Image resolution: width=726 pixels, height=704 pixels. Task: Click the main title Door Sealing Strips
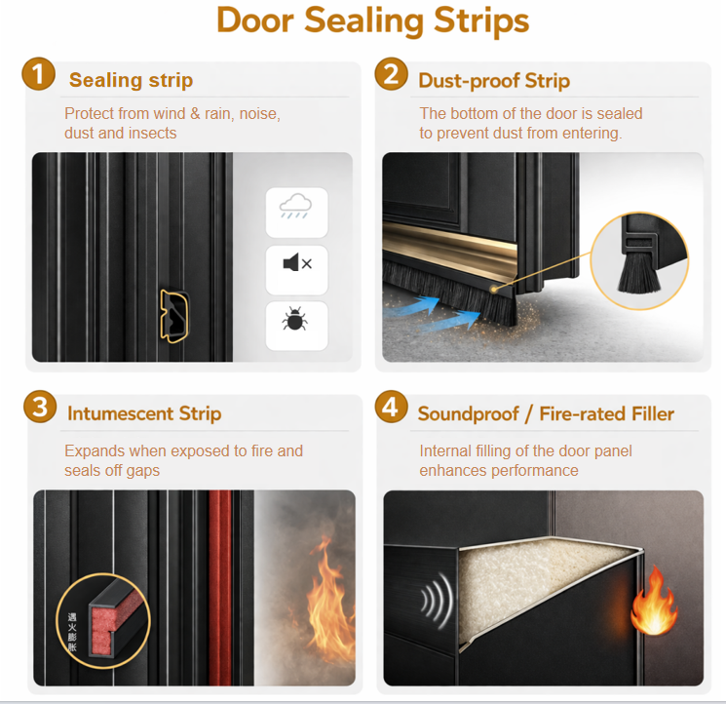pyautogui.click(x=372, y=20)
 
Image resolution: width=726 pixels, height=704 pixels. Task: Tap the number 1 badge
pyautogui.click(x=38, y=74)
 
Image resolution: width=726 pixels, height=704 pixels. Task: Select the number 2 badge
pyautogui.click(x=391, y=74)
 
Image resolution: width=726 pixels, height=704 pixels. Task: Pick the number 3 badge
pyautogui.click(x=40, y=408)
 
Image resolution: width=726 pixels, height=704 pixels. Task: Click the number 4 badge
pyautogui.click(x=391, y=408)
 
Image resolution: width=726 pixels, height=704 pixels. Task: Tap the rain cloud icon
pyautogui.click(x=295, y=206)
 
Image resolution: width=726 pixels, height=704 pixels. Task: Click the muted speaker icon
pyautogui.click(x=297, y=264)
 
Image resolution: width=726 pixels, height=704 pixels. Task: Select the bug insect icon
pyautogui.click(x=295, y=318)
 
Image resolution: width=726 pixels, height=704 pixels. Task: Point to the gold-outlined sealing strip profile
pyautogui.click(x=174, y=316)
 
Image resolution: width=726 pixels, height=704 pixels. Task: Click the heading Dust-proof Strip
pyautogui.click(x=494, y=81)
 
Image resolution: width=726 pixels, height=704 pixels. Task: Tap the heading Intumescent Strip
pyautogui.click(x=144, y=413)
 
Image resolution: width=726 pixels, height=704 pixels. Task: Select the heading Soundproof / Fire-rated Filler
pyautogui.click(x=546, y=413)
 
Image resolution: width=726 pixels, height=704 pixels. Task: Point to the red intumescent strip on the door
pyautogui.click(x=219, y=587)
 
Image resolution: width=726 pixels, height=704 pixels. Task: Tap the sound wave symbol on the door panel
pyautogui.click(x=437, y=601)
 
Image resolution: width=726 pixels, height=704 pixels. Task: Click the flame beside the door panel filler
pyautogui.click(x=653, y=602)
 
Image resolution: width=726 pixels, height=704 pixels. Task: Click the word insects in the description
pyautogui.click(x=151, y=134)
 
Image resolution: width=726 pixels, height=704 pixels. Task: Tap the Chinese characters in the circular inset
pyautogui.click(x=72, y=632)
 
